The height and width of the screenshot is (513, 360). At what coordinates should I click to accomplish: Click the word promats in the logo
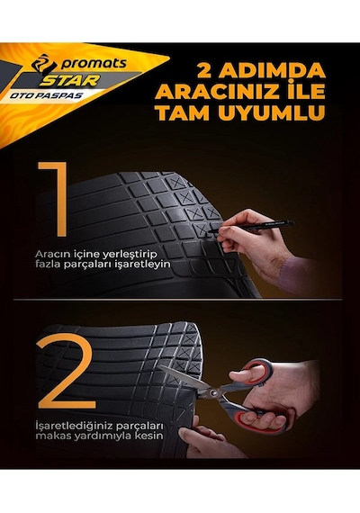point(94,64)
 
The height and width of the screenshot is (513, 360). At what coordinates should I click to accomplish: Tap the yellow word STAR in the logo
point(69,80)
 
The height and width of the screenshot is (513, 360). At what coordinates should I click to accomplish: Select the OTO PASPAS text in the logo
point(47,96)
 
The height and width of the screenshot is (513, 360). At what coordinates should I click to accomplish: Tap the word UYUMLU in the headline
point(272,112)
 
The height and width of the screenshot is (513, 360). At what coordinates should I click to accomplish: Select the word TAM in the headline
point(183,112)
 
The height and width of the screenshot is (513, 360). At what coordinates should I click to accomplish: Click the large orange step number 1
point(54,199)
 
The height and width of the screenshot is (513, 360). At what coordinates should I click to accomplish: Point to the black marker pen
point(251,227)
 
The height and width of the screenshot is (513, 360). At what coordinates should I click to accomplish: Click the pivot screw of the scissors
point(214,392)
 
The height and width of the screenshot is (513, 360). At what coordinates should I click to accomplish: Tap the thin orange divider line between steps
point(177,299)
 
